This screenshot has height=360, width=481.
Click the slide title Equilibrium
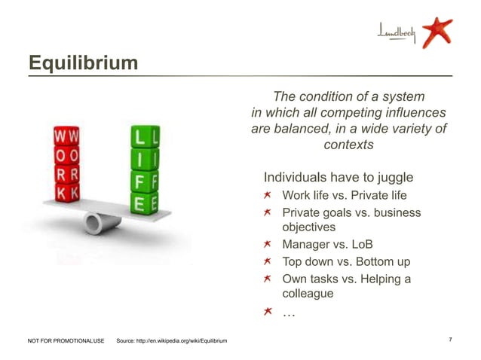(83, 63)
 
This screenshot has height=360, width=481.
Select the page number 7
(450, 341)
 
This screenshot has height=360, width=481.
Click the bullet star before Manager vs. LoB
(268, 245)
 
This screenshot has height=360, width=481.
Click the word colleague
(307, 294)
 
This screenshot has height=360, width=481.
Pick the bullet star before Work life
(268, 196)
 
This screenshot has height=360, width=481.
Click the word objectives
(308, 227)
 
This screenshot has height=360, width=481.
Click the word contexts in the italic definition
(348, 145)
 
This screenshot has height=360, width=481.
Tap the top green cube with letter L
(141, 138)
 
